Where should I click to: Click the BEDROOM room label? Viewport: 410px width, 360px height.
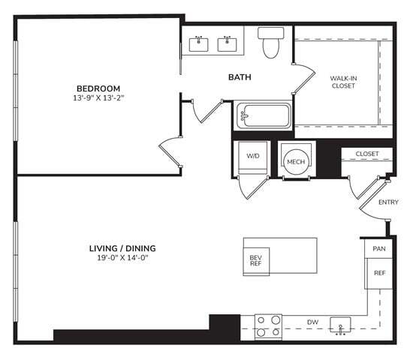click(x=98, y=86)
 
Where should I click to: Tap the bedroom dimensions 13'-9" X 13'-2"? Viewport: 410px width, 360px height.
click(x=98, y=97)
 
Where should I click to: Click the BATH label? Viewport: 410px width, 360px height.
click(x=240, y=76)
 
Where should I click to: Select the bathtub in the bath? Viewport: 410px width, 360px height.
click(x=264, y=116)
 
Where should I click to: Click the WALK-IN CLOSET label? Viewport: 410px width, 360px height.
click(x=343, y=81)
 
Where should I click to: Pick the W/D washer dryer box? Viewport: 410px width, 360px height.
click(x=253, y=157)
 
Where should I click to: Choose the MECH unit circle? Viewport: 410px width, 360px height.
click(x=294, y=160)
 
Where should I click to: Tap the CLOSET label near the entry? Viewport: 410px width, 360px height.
click(x=367, y=154)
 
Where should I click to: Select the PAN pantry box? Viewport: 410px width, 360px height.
click(x=378, y=247)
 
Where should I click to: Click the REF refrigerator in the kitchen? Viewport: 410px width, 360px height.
click(x=378, y=273)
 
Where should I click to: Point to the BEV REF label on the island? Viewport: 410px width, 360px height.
click(x=255, y=261)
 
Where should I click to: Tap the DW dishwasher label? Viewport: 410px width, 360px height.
click(x=312, y=322)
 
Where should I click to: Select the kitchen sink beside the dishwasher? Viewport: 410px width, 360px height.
click(x=344, y=326)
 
